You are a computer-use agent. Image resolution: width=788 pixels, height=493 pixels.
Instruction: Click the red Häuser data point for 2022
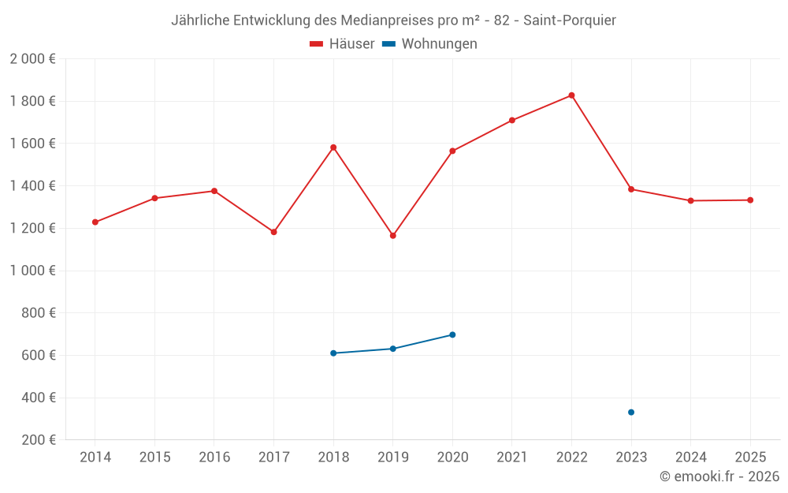[x=571, y=95]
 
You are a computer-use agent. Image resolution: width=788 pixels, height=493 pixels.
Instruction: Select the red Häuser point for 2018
[x=333, y=148]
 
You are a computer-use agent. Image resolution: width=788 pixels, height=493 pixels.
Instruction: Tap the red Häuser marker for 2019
[x=393, y=235]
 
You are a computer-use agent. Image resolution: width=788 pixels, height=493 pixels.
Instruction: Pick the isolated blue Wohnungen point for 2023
[x=631, y=413]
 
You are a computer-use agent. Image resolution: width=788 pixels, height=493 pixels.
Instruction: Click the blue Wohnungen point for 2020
[x=452, y=334]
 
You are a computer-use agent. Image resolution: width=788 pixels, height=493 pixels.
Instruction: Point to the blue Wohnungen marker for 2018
[x=333, y=353]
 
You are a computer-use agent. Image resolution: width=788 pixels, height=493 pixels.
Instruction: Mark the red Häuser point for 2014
[x=95, y=222]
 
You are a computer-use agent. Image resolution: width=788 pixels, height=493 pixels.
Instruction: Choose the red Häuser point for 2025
[x=750, y=200]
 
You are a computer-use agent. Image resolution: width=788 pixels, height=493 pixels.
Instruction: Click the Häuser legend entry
[x=342, y=44]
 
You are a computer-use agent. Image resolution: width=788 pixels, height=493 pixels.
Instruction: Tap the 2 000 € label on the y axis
[x=32, y=59]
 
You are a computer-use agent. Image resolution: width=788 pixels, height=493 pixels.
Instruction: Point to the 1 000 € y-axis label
[x=32, y=271]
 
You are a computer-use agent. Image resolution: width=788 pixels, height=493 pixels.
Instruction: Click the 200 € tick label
[x=37, y=440]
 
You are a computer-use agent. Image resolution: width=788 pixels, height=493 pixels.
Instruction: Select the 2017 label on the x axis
[x=273, y=458]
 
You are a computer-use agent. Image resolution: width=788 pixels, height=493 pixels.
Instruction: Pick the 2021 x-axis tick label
[x=512, y=458]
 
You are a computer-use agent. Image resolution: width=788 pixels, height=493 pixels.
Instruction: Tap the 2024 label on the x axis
[x=690, y=458]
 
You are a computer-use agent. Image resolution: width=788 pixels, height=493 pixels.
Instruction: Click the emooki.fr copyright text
[x=719, y=476]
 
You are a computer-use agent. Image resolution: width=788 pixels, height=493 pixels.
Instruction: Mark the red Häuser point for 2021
[x=512, y=121]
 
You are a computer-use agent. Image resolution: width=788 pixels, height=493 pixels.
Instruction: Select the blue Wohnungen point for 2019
[x=393, y=349]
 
